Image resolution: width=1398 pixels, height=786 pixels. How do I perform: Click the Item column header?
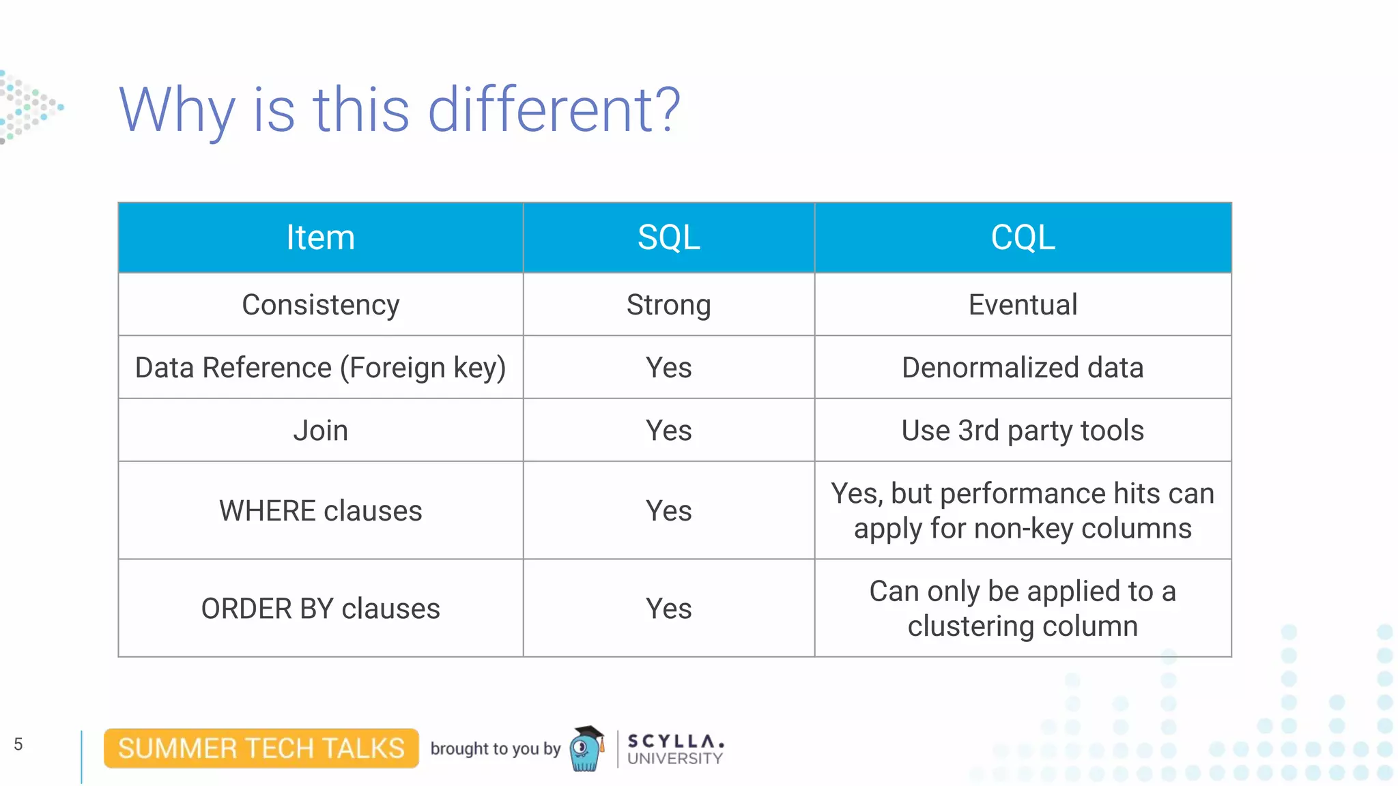click(320, 237)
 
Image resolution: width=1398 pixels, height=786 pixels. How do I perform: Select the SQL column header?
click(668, 237)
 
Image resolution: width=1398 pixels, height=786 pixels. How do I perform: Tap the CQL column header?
click(1023, 237)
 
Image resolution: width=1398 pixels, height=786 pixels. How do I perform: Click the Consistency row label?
click(320, 304)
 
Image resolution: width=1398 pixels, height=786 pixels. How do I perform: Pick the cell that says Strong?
click(668, 304)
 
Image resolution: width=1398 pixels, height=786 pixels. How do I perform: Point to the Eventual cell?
click(1023, 304)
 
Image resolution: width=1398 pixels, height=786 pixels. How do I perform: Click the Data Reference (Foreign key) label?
click(320, 368)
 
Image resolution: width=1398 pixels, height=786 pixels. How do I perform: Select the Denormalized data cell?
click(1023, 368)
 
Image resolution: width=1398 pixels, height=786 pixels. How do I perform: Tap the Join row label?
click(320, 431)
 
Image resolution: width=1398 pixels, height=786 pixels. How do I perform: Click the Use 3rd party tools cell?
click(1023, 431)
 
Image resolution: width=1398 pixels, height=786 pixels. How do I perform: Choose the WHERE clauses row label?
click(320, 511)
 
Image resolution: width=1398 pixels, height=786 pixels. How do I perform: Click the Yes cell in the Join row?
click(668, 431)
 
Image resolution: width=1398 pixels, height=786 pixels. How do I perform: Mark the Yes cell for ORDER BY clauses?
click(668, 609)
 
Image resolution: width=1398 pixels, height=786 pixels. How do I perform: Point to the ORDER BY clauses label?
click(320, 609)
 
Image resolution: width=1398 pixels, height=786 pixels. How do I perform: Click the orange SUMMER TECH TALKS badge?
click(261, 748)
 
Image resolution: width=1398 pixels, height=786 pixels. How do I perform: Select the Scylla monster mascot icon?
click(586, 749)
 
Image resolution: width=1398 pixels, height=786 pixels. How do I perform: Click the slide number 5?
click(18, 744)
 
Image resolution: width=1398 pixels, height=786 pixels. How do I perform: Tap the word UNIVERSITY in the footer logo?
click(674, 759)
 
